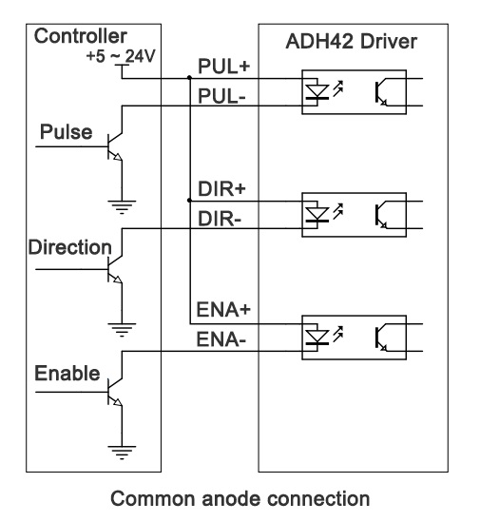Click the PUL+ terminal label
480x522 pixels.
tap(223, 66)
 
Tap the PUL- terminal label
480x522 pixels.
tap(221, 96)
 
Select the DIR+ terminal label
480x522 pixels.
tap(221, 189)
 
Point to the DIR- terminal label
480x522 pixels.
tap(220, 219)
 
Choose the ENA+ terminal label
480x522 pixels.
tap(223, 309)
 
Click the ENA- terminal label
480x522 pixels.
tap(221, 339)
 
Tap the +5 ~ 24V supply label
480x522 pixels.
tap(121, 56)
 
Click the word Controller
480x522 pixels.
tap(80, 36)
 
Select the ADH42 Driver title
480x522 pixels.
tap(351, 42)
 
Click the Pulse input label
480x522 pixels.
tap(66, 132)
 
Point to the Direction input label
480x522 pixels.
tap(70, 247)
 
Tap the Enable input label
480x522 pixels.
tap(67, 373)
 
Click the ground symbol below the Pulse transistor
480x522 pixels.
tap(122, 206)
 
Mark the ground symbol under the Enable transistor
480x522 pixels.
tap(122, 453)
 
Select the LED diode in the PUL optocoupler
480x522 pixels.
tap(317, 91)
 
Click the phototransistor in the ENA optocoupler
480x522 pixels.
tap(381, 337)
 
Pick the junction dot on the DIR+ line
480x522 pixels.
tap(189, 201)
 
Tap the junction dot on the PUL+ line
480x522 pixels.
tap(189, 78)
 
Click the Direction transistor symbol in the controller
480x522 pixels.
tap(115, 269)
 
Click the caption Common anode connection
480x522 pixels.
tap(240, 498)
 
